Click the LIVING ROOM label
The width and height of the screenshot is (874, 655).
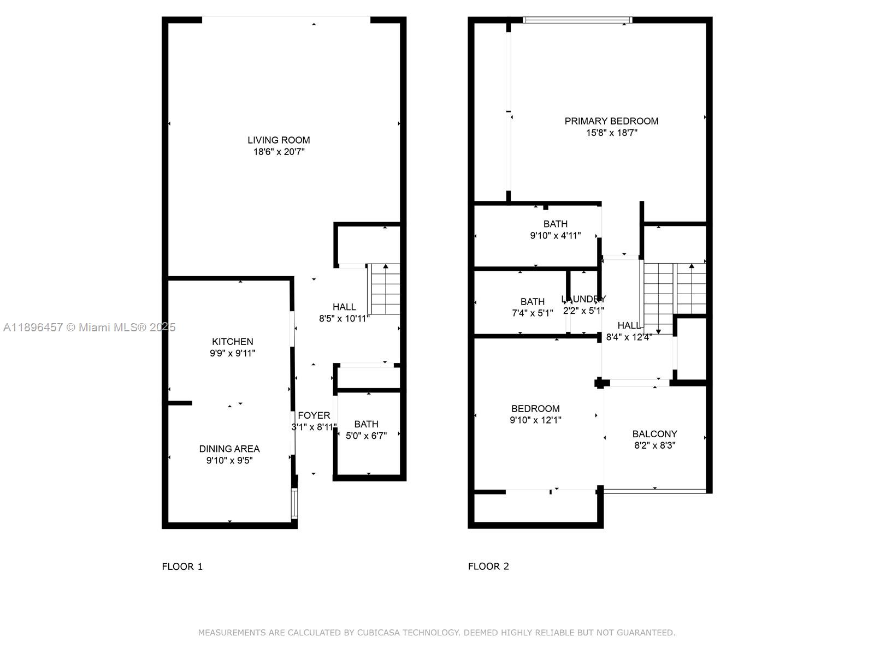(x=279, y=140)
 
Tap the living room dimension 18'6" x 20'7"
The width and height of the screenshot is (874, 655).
(x=279, y=152)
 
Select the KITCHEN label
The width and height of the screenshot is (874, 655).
(x=233, y=342)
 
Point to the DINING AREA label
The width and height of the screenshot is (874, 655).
(x=229, y=449)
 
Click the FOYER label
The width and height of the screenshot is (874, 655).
(x=314, y=416)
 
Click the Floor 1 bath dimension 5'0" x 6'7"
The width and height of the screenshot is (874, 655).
(x=366, y=436)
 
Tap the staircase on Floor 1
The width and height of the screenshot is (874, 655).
(x=386, y=289)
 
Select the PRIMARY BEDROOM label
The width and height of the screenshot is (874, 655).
(x=611, y=121)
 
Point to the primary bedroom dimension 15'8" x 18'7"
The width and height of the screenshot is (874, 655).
(x=611, y=133)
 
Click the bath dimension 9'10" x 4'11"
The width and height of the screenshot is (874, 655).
(x=555, y=236)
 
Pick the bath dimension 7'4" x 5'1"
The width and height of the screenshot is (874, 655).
(x=532, y=313)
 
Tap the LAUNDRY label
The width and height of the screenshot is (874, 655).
(x=583, y=299)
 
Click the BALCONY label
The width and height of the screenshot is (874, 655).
(x=654, y=434)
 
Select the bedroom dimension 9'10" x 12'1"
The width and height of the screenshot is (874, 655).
(x=535, y=420)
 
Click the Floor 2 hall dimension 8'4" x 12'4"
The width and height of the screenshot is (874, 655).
(x=629, y=337)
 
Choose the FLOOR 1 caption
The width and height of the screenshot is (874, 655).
(x=182, y=567)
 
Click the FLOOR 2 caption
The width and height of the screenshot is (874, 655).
(x=488, y=567)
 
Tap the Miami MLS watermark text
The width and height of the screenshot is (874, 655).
(x=89, y=327)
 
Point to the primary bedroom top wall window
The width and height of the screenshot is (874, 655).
(x=577, y=20)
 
